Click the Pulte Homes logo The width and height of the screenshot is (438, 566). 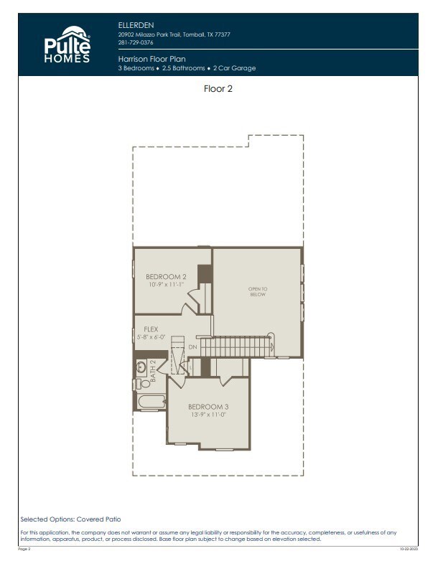(68, 44)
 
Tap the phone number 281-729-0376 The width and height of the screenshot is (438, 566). (136, 42)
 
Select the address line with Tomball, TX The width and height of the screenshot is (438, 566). (174, 34)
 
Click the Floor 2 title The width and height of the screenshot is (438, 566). (218, 90)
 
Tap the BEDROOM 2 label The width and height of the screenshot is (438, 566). (166, 277)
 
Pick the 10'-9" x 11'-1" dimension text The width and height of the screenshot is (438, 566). (166, 285)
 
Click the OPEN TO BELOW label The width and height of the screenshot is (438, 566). (258, 291)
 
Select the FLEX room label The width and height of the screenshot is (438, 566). (151, 329)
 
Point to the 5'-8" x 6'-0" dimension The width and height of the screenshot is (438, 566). (151, 337)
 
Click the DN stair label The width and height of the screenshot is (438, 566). (192, 347)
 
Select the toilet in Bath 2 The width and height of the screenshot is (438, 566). (139, 385)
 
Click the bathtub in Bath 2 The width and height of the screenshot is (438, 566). (151, 402)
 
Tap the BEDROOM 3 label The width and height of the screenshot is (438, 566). (208, 407)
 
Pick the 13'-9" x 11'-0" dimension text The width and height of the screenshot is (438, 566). (208, 415)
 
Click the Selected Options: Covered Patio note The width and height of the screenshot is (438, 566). (70, 518)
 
